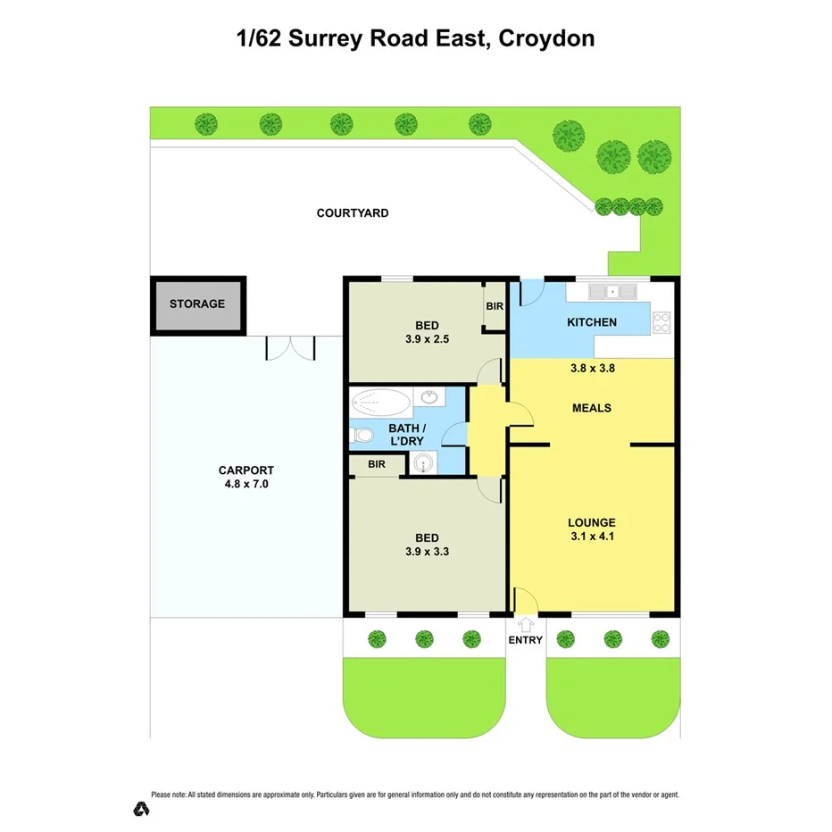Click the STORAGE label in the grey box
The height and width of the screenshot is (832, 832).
point(197,304)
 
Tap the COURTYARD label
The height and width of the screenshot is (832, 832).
point(353,213)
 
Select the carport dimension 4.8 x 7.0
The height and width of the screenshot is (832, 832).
point(245,485)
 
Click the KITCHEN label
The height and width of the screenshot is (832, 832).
point(591,322)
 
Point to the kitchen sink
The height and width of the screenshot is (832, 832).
point(612,291)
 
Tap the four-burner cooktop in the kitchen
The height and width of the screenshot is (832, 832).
point(661,322)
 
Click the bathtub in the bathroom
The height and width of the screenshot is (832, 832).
point(380,402)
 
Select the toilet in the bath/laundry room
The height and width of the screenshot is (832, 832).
point(362,436)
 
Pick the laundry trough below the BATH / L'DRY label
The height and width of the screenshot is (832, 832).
point(421,463)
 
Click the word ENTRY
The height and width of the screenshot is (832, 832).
point(525,640)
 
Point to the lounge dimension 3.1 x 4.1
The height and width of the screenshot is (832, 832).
point(592,537)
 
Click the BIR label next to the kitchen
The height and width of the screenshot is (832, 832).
point(495,306)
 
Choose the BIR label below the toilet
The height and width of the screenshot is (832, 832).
point(376,464)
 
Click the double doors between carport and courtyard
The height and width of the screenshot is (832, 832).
point(291,347)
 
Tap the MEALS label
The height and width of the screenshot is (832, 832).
point(591,408)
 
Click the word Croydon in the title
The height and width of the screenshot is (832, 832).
point(546,38)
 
